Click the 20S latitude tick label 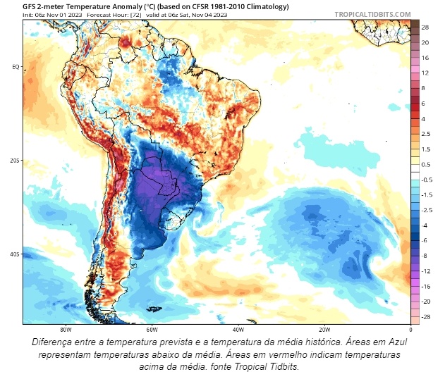coord(14,161)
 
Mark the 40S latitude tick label coord(14,254)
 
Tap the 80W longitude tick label coord(66,329)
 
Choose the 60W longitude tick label coord(152,329)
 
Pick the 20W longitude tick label coord(324,329)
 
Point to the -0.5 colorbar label coord(427,180)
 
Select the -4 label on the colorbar coord(425,225)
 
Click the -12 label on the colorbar coord(426,271)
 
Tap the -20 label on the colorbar coord(426,302)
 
